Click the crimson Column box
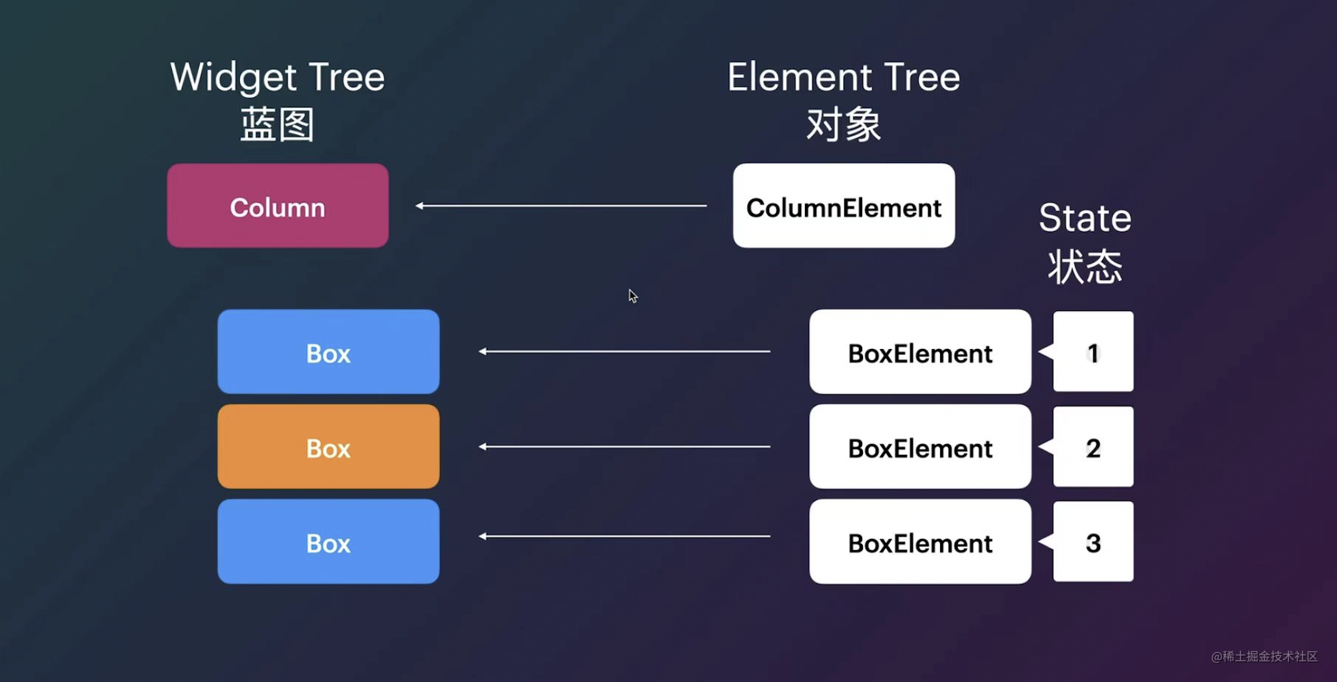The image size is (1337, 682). point(278,206)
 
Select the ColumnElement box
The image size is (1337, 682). point(844,206)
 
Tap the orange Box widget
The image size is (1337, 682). point(328,447)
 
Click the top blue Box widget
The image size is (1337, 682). point(328,352)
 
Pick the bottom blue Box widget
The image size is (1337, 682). point(328,542)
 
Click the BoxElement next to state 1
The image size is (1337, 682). point(920,352)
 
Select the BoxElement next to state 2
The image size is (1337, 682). point(920,447)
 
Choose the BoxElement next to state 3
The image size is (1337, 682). point(920,542)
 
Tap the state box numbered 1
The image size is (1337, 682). point(1093,352)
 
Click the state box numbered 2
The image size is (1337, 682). point(1093,447)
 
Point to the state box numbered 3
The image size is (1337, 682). point(1093,542)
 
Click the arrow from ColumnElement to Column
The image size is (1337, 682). point(561,206)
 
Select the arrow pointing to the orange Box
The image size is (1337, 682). point(625,447)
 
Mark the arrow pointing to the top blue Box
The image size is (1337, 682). point(625,352)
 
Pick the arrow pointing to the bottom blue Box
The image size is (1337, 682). point(625,536)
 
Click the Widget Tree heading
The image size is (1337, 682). point(278,78)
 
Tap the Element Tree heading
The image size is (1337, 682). point(844,78)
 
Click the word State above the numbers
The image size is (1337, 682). point(1085,218)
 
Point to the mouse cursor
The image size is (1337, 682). point(633,296)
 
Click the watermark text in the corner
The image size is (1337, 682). point(1264,657)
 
